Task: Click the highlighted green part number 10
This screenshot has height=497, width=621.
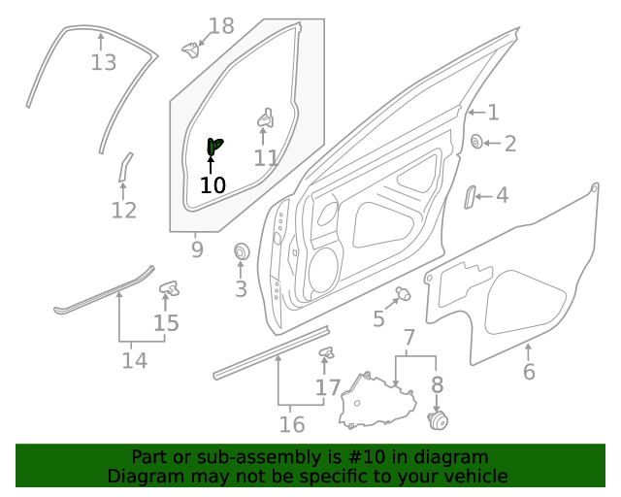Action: pos(213,147)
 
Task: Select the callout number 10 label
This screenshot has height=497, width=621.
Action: pos(212,184)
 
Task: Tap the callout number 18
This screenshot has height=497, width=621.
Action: pos(221,26)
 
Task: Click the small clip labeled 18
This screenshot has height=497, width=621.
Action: pos(191,48)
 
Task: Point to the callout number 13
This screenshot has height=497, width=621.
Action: pos(103,63)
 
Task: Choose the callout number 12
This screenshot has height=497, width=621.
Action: pos(123,210)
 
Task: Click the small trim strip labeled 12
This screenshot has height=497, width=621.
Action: pos(124,166)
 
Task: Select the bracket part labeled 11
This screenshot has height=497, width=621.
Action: pos(265,118)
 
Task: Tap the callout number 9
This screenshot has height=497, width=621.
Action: pos(197,249)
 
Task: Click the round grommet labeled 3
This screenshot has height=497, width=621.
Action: pos(242,253)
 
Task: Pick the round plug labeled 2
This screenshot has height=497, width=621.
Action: pos(477,144)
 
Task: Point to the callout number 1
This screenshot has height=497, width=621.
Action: pos(493,113)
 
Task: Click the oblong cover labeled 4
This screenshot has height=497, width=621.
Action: pos(470,196)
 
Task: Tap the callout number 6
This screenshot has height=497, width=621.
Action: pos(529,371)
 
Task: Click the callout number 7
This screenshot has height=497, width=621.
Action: pos(409,339)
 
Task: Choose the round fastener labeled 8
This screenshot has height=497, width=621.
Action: pos(438,420)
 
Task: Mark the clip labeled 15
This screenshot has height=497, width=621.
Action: pos(169,287)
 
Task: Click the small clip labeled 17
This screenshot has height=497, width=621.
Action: pos(326,352)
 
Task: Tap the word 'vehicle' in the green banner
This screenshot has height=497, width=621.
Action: pos(474,476)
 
